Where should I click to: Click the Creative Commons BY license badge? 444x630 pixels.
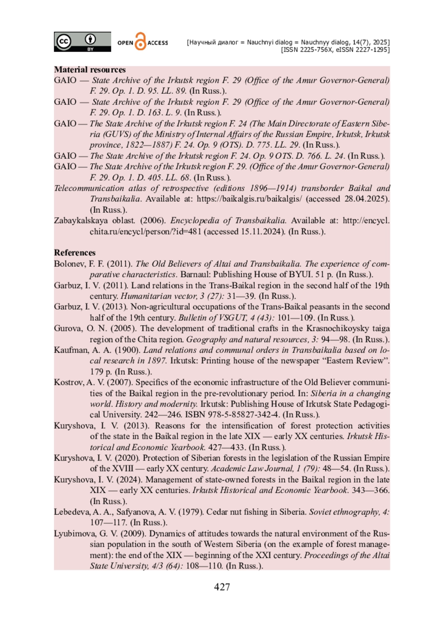point(82,41)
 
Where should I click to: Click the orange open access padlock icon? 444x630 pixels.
point(140,41)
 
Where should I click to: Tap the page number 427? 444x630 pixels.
point(222,587)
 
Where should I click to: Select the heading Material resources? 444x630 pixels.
point(90,70)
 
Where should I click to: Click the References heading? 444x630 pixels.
point(75,253)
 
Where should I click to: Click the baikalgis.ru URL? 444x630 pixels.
point(249,199)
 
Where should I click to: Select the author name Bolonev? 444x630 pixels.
point(69,264)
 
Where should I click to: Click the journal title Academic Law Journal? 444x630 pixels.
point(252,469)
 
